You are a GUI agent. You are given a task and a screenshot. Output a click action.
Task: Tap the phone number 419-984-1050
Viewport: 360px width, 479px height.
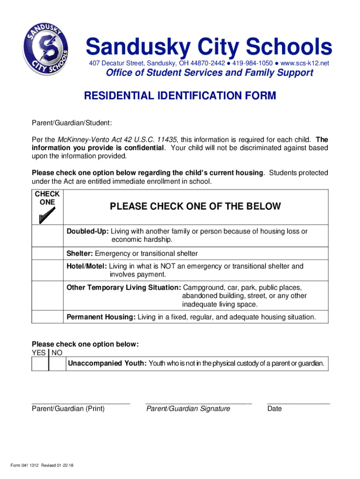[252, 63]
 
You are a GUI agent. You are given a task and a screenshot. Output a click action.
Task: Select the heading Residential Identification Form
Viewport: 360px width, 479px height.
[180, 96]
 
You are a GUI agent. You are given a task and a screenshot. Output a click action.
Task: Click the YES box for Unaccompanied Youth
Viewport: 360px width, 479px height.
[40, 364]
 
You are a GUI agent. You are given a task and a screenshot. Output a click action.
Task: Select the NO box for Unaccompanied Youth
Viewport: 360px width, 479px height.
[57, 364]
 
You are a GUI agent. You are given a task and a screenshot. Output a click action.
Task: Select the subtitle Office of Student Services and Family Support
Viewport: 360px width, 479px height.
[209, 73]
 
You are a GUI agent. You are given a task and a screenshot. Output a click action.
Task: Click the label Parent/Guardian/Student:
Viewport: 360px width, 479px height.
[72, 123]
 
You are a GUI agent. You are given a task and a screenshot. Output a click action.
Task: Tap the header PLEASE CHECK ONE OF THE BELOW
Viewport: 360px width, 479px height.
[195, 206]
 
